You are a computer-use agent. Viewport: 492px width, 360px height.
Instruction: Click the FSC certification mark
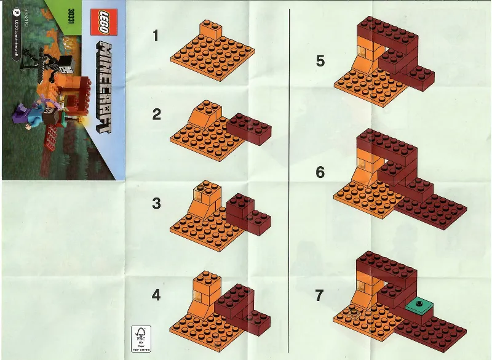click(140, 339)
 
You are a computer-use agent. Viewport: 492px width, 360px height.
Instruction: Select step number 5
click(320, 61)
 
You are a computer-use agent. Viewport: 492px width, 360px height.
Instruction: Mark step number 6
click(320, 173)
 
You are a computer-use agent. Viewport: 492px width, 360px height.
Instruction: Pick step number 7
click(319, 296)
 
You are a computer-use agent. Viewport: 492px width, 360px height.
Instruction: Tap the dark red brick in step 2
click(248, 128)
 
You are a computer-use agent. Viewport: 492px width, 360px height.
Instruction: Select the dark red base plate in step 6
click(430, 209)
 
